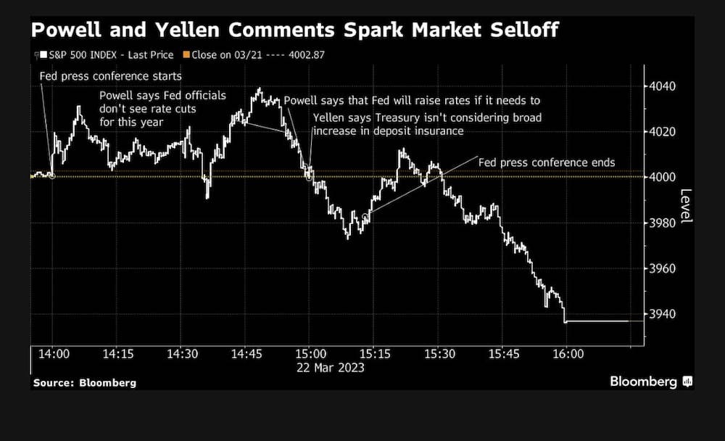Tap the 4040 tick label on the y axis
(x=663, y=87)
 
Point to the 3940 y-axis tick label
(x=663, y=314)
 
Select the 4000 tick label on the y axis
(x=663, y=178)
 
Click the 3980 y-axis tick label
(x=663, y=223)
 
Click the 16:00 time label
(x=568, y=354)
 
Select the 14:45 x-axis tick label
(x=246, y=354)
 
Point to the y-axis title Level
(x=685, y=207)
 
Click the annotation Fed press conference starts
(x=111, y=76)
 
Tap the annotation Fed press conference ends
(x=547, y=162)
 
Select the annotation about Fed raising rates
(x=412, y=100)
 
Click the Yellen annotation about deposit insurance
(x=427, y=124)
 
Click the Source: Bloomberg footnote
(x=84, y=382)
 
